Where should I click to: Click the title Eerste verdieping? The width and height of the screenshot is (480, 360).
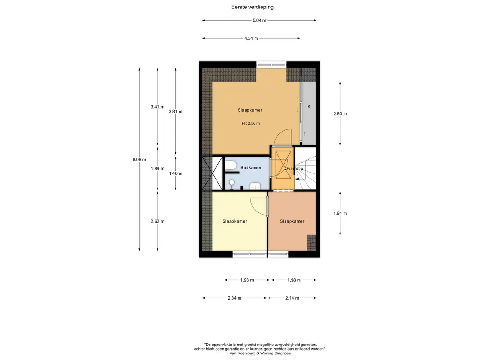(x=252, y=7)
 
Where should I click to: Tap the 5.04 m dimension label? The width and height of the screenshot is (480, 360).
(x=259, y=20)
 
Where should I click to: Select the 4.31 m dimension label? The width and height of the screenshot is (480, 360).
(x=251, y=38)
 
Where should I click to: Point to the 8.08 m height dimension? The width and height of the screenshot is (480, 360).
(x=139, y=159)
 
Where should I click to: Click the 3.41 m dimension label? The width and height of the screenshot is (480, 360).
(x=157, y=107)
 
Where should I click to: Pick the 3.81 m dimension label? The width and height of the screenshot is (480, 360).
(x=175, y=112)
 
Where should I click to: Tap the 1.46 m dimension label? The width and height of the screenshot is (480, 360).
(x=175, y=173)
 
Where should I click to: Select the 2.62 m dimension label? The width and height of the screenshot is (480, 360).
(x=157, y=221)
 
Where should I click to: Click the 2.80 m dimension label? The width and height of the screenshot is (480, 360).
(x=340, y=113)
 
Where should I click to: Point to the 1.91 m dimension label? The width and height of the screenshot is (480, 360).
(x=340, y=213)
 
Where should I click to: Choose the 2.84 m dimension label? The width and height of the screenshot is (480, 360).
(x=234, y=298)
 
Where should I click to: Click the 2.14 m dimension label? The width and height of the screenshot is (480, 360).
(x=292, y=298)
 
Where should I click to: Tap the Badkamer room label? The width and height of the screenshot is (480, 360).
(x=251, y=168)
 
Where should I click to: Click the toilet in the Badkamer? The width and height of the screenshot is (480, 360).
(x=231, y=165)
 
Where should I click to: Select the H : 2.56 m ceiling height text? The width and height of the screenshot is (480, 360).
(x=251, y=123)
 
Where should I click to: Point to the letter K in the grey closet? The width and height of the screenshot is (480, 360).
(x=309, y=107)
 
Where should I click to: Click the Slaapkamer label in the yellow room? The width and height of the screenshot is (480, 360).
(x=234, y=221)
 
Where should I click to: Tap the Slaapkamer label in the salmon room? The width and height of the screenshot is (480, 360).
(x=292, y=221)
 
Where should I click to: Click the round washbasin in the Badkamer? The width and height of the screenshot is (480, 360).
(x=232, y=182)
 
